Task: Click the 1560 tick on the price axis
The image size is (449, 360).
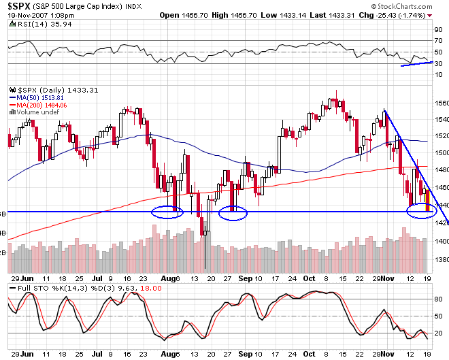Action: (440, 103)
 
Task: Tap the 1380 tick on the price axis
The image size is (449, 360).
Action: (440, 261)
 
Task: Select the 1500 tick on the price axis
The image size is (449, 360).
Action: (440, 153)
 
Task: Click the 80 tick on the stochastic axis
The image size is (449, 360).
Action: (439, 299)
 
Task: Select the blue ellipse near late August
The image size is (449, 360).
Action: (233, 212)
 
